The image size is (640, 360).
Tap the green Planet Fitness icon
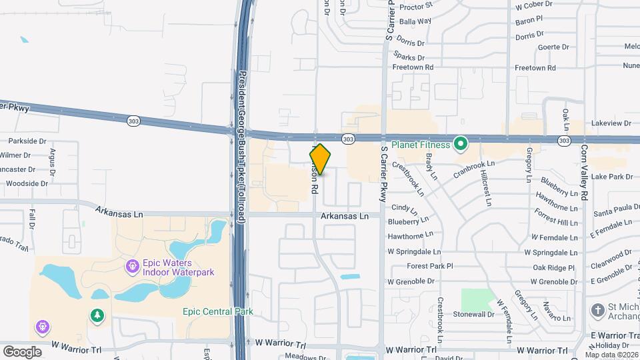(x=460, y=144)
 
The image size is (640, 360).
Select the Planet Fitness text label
(x=421, y=144)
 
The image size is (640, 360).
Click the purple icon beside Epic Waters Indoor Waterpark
(x=132, y=267)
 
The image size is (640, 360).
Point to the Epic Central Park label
(x=218, y=312)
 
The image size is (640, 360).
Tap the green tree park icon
(x=97, y=315)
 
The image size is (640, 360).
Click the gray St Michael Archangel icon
(x=597, y=311)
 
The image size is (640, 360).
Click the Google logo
(x=22, y=351)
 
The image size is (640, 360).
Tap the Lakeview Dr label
(x=611, y=123)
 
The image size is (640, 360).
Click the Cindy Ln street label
(x=404, y=208)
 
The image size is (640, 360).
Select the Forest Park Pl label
(x=430, y=266)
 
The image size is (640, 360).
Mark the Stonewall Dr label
(x=472, y=313)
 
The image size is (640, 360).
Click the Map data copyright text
(x=609, y=354)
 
